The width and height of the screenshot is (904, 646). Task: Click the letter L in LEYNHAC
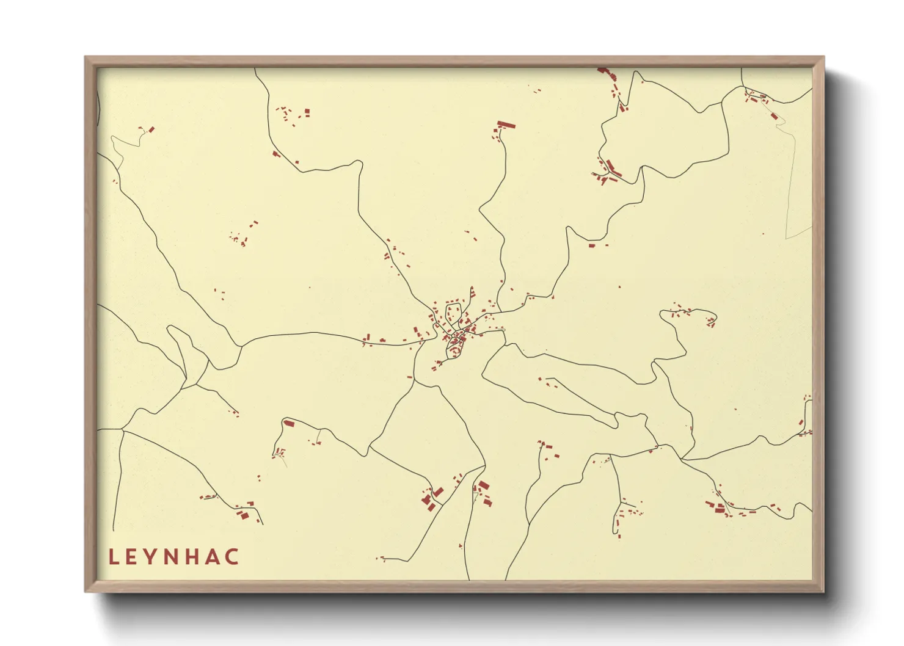114,557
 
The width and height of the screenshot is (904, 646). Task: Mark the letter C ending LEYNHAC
232,557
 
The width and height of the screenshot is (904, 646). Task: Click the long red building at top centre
506,125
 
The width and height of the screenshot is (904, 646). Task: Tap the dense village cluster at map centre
455,333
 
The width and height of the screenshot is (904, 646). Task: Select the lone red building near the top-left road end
151,129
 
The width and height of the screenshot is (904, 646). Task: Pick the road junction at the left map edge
122,430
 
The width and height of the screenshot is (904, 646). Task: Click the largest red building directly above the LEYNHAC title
243,515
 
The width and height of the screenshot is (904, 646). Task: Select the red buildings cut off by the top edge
603,71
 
